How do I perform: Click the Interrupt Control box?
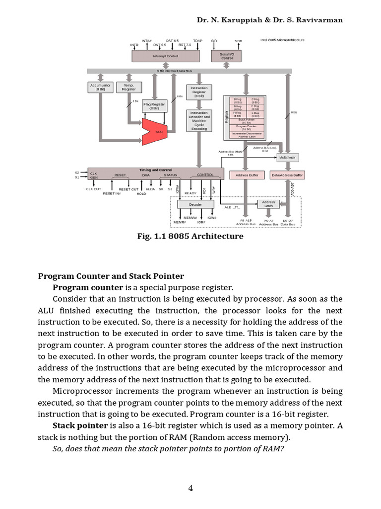pos(165,56)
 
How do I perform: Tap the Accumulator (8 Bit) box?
pos(100,87)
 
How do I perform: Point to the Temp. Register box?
pos(128,87)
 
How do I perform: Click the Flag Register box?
pos(154,106)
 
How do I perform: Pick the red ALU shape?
pos(156,131)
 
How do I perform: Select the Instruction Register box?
pos(199,92)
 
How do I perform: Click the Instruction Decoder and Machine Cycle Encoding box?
pos(199,121)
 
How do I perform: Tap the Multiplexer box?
pos(287,157)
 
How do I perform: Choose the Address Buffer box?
pos(247,175)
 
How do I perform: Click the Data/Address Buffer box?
pos(287,175)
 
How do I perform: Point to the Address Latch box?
pos(268,204)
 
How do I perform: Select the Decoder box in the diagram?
pos(196,204)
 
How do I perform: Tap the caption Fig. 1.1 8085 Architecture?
pos(190,236)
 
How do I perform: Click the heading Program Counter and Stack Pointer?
pos(111,276)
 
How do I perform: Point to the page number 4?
pos(190,488)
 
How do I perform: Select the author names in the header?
pos(270,20)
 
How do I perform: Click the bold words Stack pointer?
pos(80,425)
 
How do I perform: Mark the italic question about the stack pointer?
pos(169,449)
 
